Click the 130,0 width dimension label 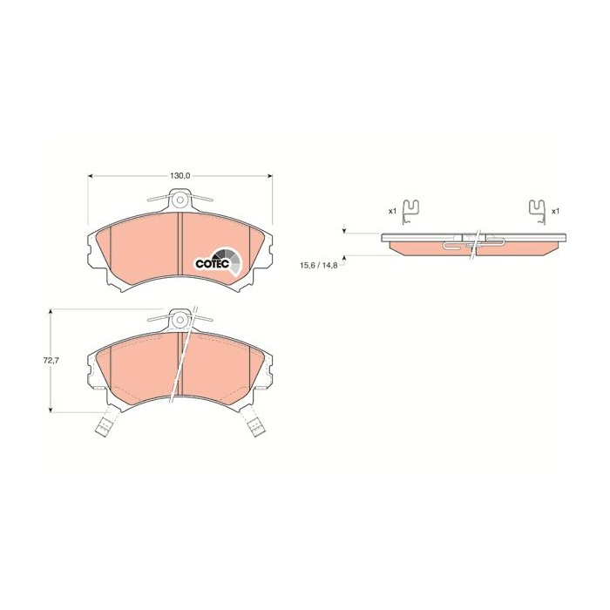180,176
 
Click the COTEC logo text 210,262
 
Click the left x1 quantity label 393,211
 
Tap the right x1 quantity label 554,211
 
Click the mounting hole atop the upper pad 180,199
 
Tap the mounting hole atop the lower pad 180,319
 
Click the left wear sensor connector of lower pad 104,427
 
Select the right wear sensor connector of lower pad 256,427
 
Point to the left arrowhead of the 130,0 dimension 91,176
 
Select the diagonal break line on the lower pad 184,357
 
